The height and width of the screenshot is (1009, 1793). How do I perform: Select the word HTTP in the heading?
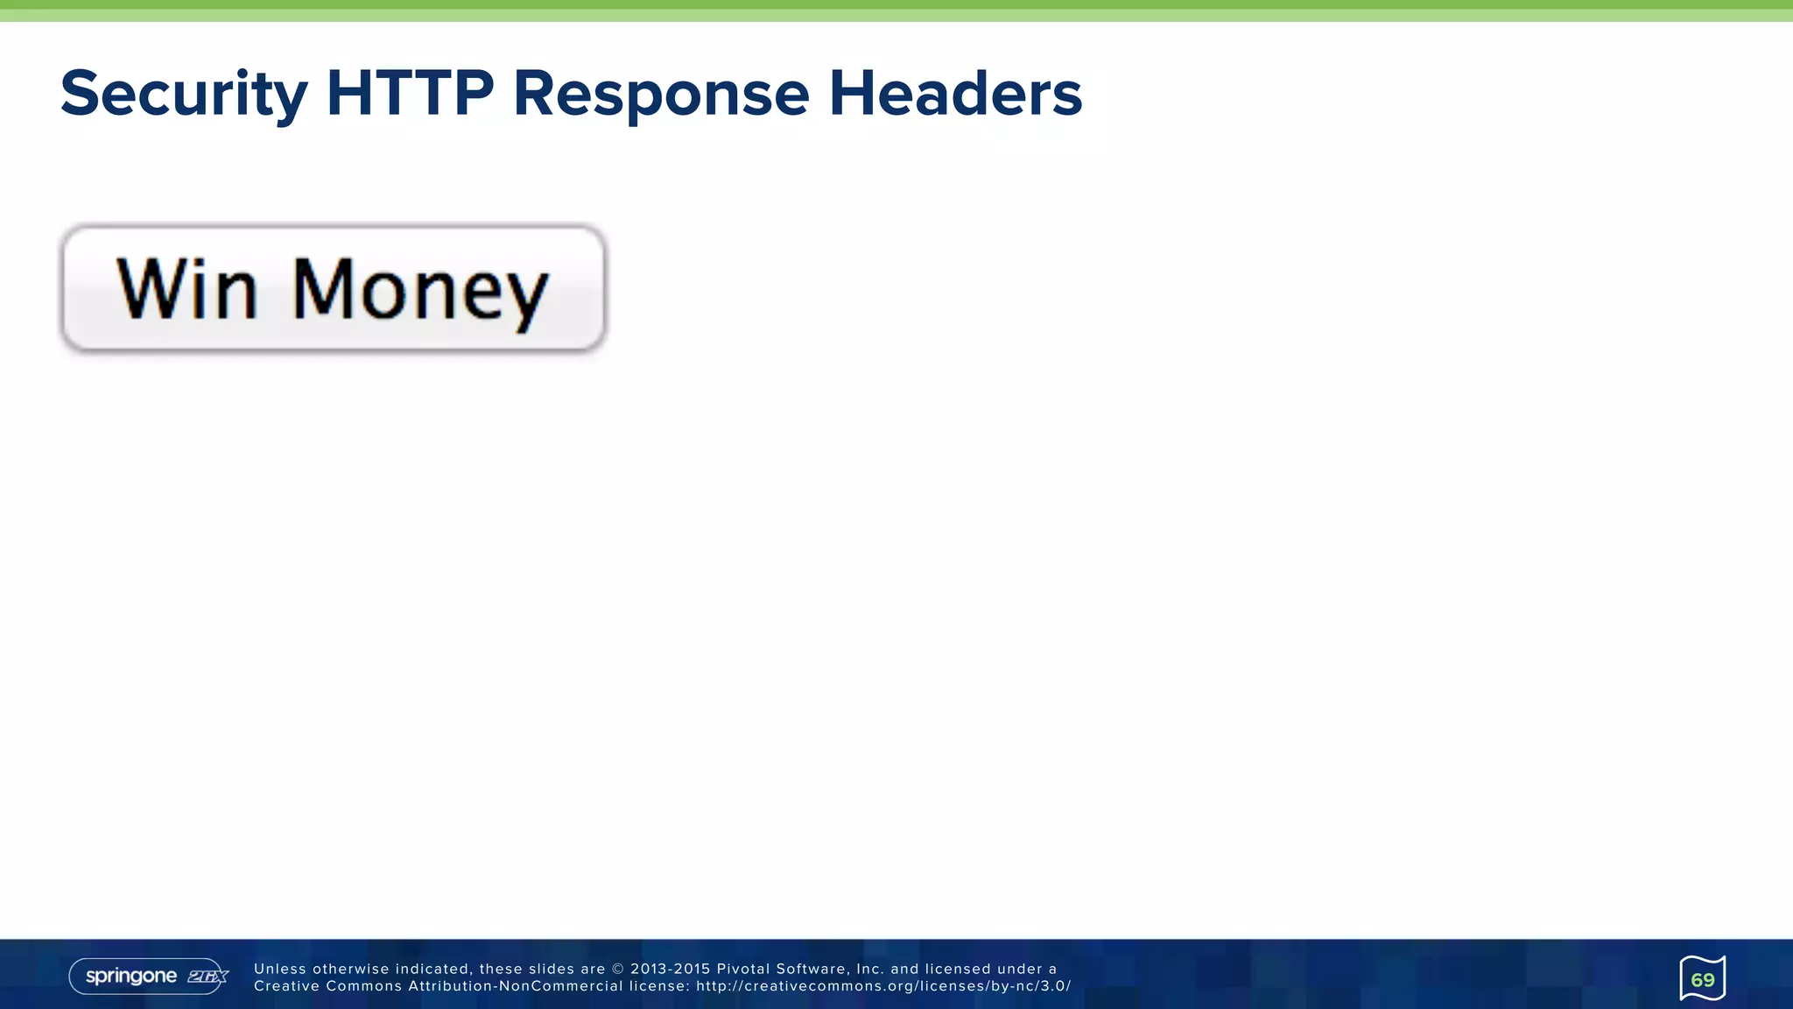(x=410, y=94)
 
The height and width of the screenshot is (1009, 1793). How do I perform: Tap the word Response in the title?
(x=661, y=94)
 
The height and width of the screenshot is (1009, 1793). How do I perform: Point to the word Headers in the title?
(x=955, y=94)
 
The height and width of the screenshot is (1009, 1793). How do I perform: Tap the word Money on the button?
(x=420, y=292)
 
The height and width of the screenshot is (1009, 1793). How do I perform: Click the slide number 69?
(x=1702, y=979)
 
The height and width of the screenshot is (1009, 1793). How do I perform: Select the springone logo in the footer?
(x=131, y=976)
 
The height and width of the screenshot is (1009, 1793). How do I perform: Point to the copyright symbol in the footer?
(x=618, y=969)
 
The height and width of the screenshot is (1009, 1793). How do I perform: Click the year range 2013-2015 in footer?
(x=670, y=969)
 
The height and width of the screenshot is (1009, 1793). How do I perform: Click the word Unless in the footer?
(x=280, y=969)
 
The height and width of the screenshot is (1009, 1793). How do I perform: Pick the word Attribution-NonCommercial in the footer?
(x=515, y=986)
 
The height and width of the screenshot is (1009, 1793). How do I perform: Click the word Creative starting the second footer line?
(x=285, y=986)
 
